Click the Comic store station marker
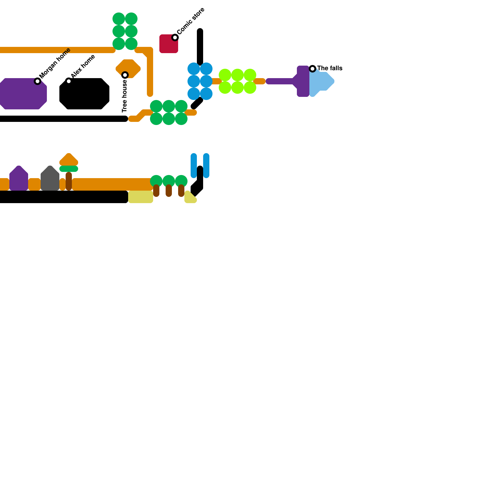pyautogui.click(x=175, y=37)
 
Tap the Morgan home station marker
pyautogui.click(x=37, y=81)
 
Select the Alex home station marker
pyautogui.click(x=69, y=81)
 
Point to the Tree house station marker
pyautogui.click(x=125, y=75)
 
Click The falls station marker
pyautogui.click(x=312, y=69)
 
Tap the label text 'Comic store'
pyautogui.click(x=191, y=21)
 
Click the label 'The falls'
pyautogui.click(x=330, y=68)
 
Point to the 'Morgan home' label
pyautogui.click(x=55, y=63)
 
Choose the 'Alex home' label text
pyautogui.click(x=83, y=67)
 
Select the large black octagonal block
pyautogui.click(x=84, y=94)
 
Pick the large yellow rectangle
pyautogui.click(x=141, y=197)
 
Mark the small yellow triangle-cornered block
pyautogui.click(x=189, y=198)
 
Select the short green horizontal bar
pyautogui.click(x=69, y=169)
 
